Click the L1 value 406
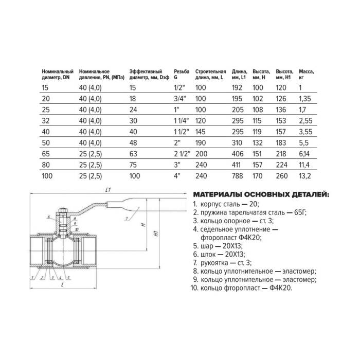click(x=238, y=154)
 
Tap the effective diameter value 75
click(x=134, y=165)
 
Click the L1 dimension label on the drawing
click(x=107, y=190)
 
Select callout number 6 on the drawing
click(x=48, y=218)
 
